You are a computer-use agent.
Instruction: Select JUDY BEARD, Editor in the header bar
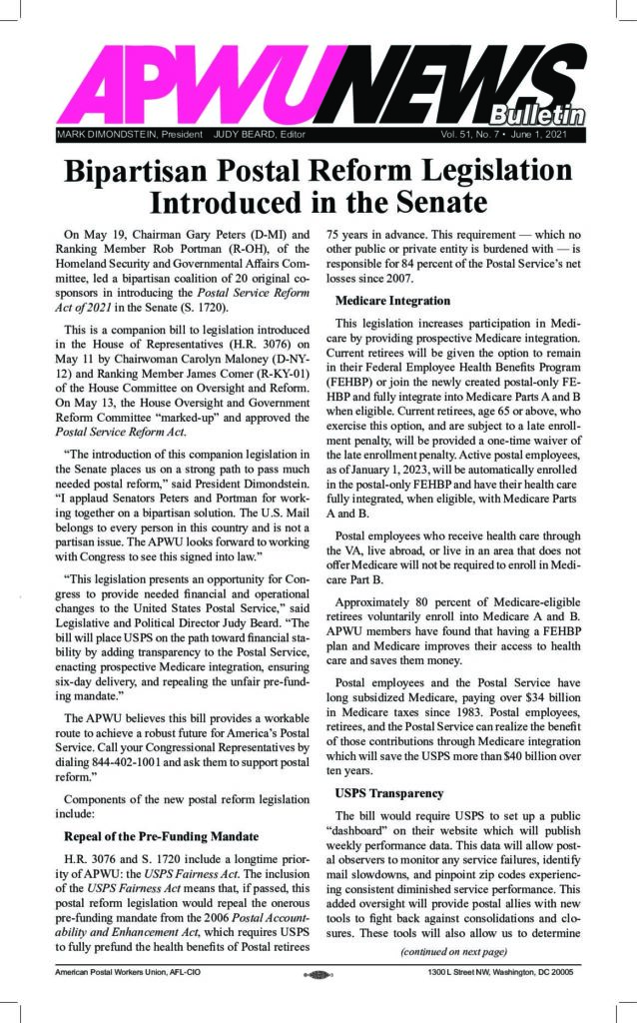click(259, 133)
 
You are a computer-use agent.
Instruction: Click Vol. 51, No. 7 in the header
click(467, 133)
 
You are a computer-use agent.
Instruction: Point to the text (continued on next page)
click(458, 978)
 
